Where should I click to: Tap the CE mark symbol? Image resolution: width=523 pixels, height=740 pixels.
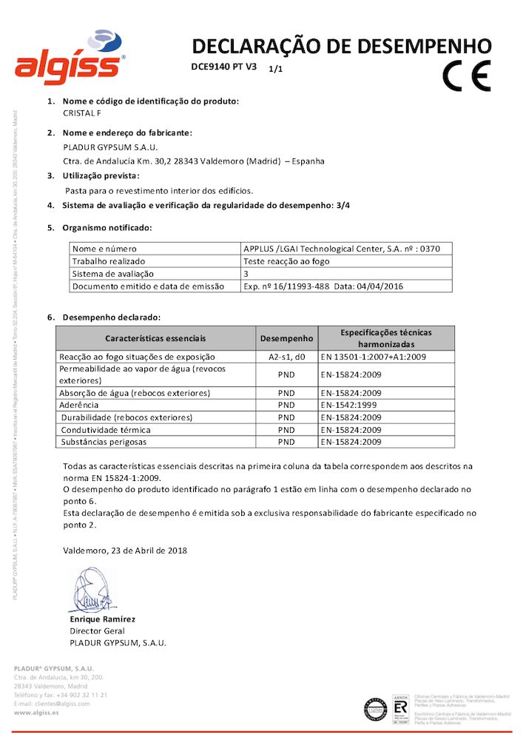click(x=466, y=75)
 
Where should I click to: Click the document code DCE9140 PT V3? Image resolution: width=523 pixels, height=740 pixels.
click(x=223, y=67)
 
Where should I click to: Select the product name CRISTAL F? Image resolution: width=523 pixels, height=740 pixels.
click(x=82, y=113)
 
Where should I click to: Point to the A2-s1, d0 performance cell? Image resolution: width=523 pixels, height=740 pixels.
click(x=286, y=357)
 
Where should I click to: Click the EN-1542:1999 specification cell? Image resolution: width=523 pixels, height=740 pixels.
click(x=351, y=406)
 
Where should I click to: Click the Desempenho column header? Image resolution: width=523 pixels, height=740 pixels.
click(x=286, y=338)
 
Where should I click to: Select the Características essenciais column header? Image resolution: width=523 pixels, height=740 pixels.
click(x=155, y=338)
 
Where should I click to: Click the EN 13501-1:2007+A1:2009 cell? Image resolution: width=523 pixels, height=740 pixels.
click(x=374, y=357)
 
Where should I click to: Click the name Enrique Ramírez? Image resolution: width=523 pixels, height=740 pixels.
click(x=102, y=619)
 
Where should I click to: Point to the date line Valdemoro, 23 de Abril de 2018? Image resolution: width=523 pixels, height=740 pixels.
click(x=125, y=551)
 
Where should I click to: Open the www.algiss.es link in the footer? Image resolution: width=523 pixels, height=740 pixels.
click(x=37, y=713)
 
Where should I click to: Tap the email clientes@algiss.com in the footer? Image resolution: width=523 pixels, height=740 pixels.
click(x=52, y=704)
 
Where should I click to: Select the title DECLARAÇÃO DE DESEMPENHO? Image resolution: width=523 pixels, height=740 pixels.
click(x=341, y=46)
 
